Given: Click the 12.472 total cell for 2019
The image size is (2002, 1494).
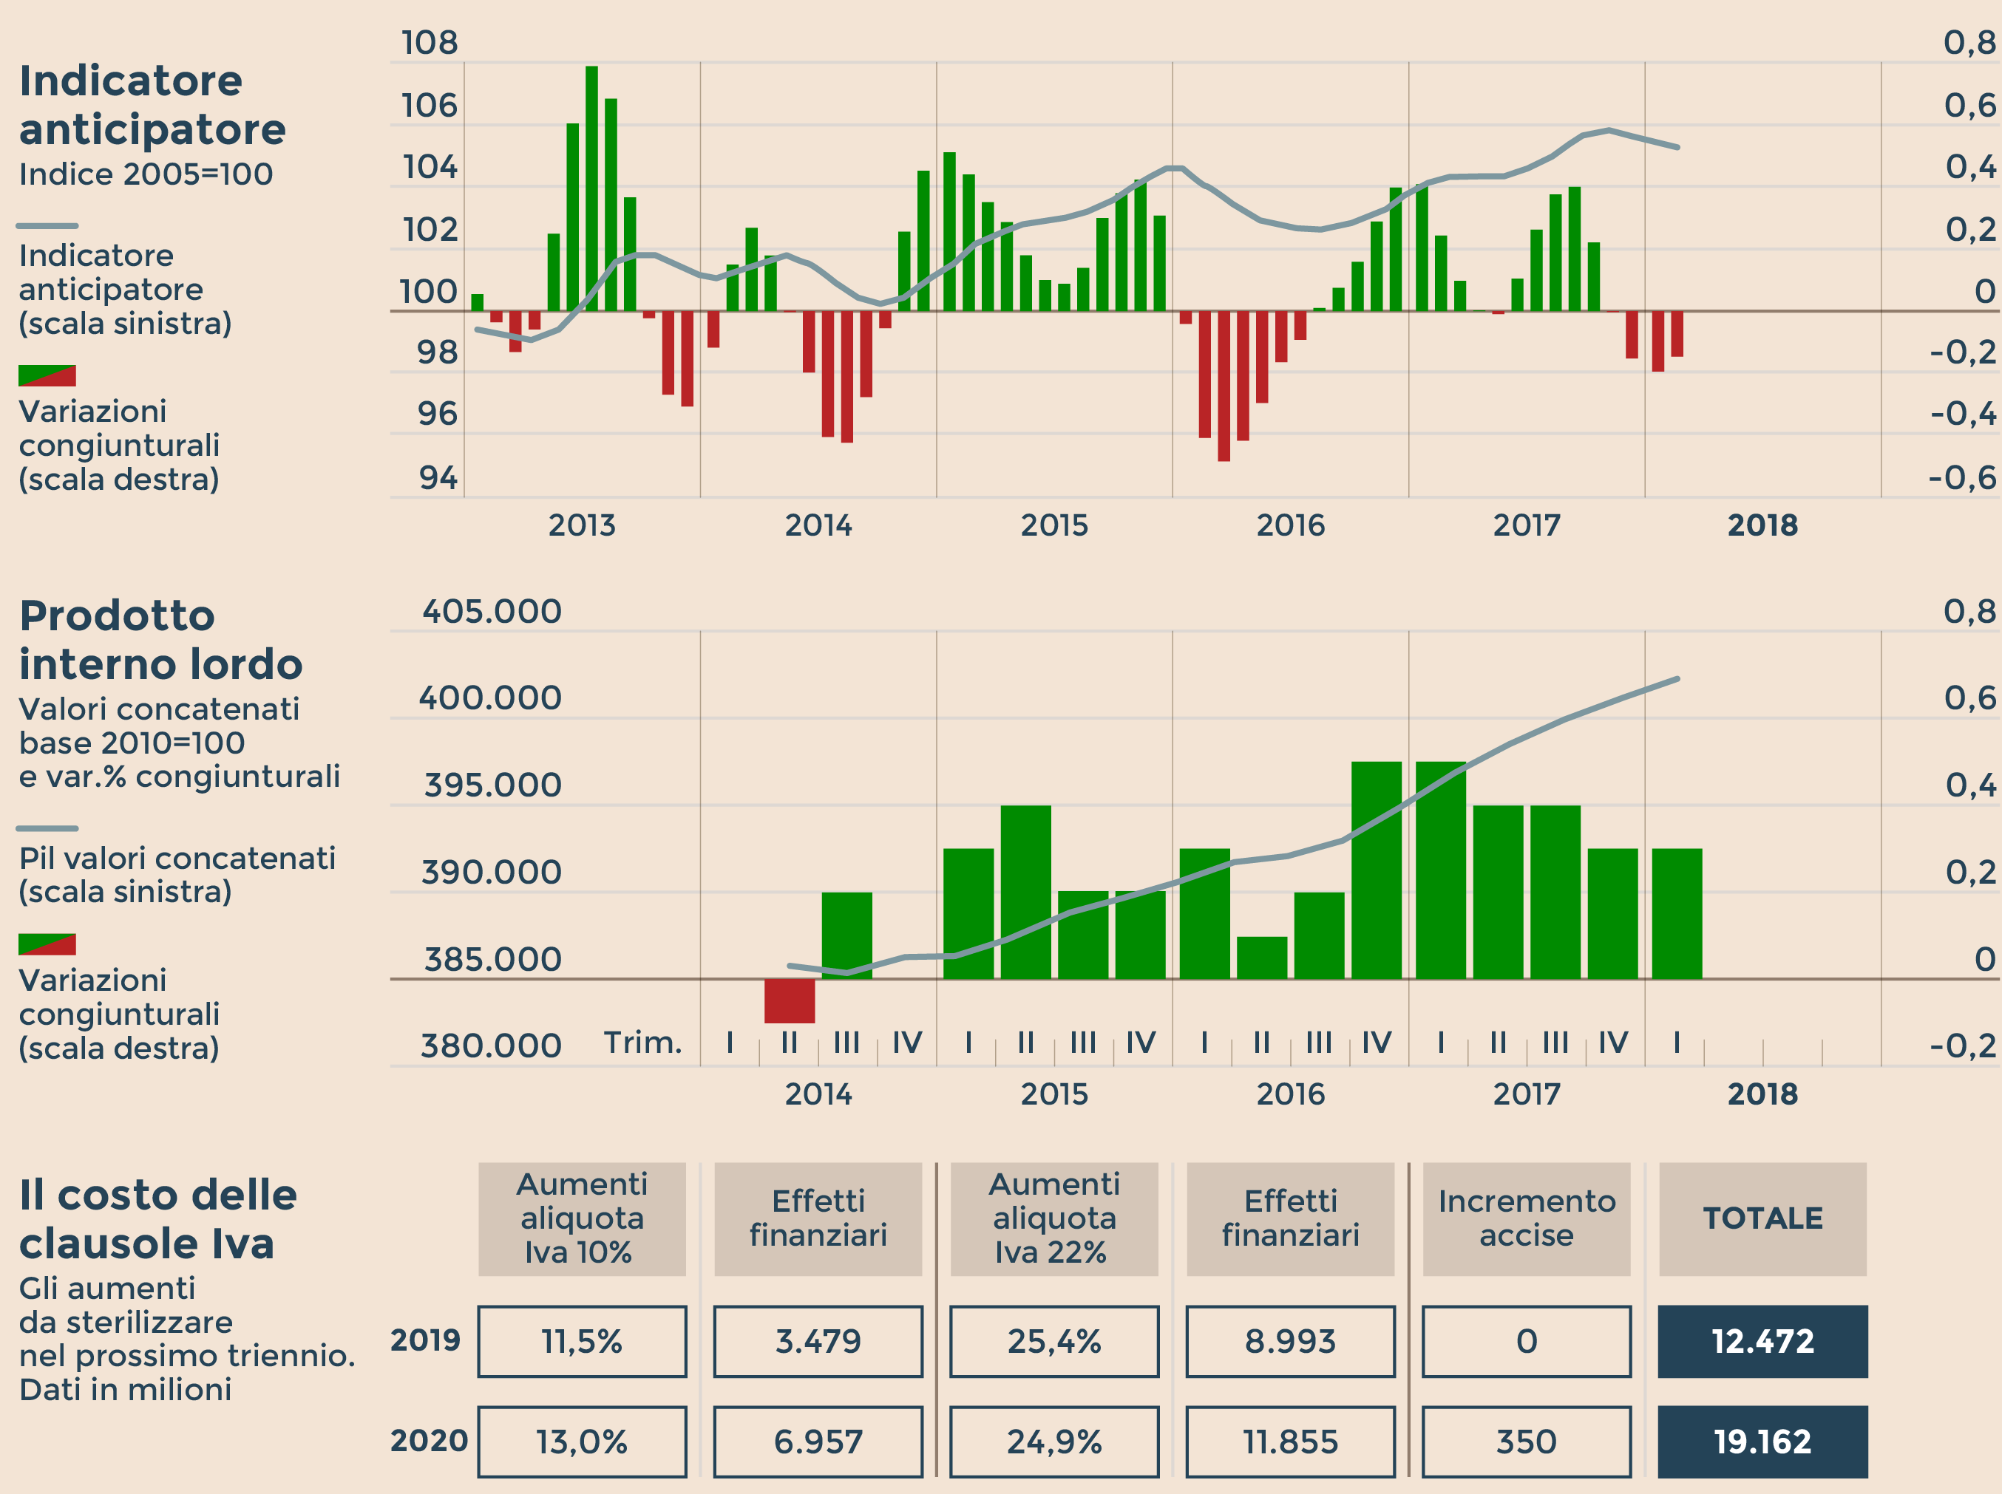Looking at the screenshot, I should [x=1762, y=1341].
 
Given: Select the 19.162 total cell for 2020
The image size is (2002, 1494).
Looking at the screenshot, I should [x=1762, y=1442].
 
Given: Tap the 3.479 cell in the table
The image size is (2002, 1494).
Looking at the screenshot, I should [x=818, y=1341].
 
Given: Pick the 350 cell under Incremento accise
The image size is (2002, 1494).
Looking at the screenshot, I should [x=1526, y=1442].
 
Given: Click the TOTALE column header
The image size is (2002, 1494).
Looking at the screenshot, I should [x=1762, y=1218].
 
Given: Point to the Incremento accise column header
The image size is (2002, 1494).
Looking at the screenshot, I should [x=1526, y=1218].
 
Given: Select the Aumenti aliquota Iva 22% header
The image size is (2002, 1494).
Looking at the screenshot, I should [x=1054, y=1218].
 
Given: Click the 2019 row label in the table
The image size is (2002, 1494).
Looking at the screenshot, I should [x=425, y=1340].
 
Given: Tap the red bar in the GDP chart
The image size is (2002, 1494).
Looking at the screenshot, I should [x=789, y=1000].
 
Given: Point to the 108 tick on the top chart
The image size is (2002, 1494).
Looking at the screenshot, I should [x=430, y=44].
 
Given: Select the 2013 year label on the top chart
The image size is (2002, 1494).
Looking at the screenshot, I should [x=582, y=525].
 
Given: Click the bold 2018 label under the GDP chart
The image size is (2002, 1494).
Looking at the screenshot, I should [x=1762, y=1094].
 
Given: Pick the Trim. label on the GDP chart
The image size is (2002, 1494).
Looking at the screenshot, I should [x=642, y=1043].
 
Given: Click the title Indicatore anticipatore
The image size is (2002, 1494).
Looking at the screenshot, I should [x=152, y=105].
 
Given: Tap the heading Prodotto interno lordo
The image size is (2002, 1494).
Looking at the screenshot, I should [x=160, y=639].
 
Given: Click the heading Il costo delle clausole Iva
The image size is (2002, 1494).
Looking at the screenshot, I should [x=157, y=1218].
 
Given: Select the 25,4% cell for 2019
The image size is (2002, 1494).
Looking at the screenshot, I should [x=1054, y=1341].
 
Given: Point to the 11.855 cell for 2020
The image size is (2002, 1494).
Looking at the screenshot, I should [x=1290, y=1442].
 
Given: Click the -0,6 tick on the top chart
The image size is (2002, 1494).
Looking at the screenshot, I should [x=1961, y=478].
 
